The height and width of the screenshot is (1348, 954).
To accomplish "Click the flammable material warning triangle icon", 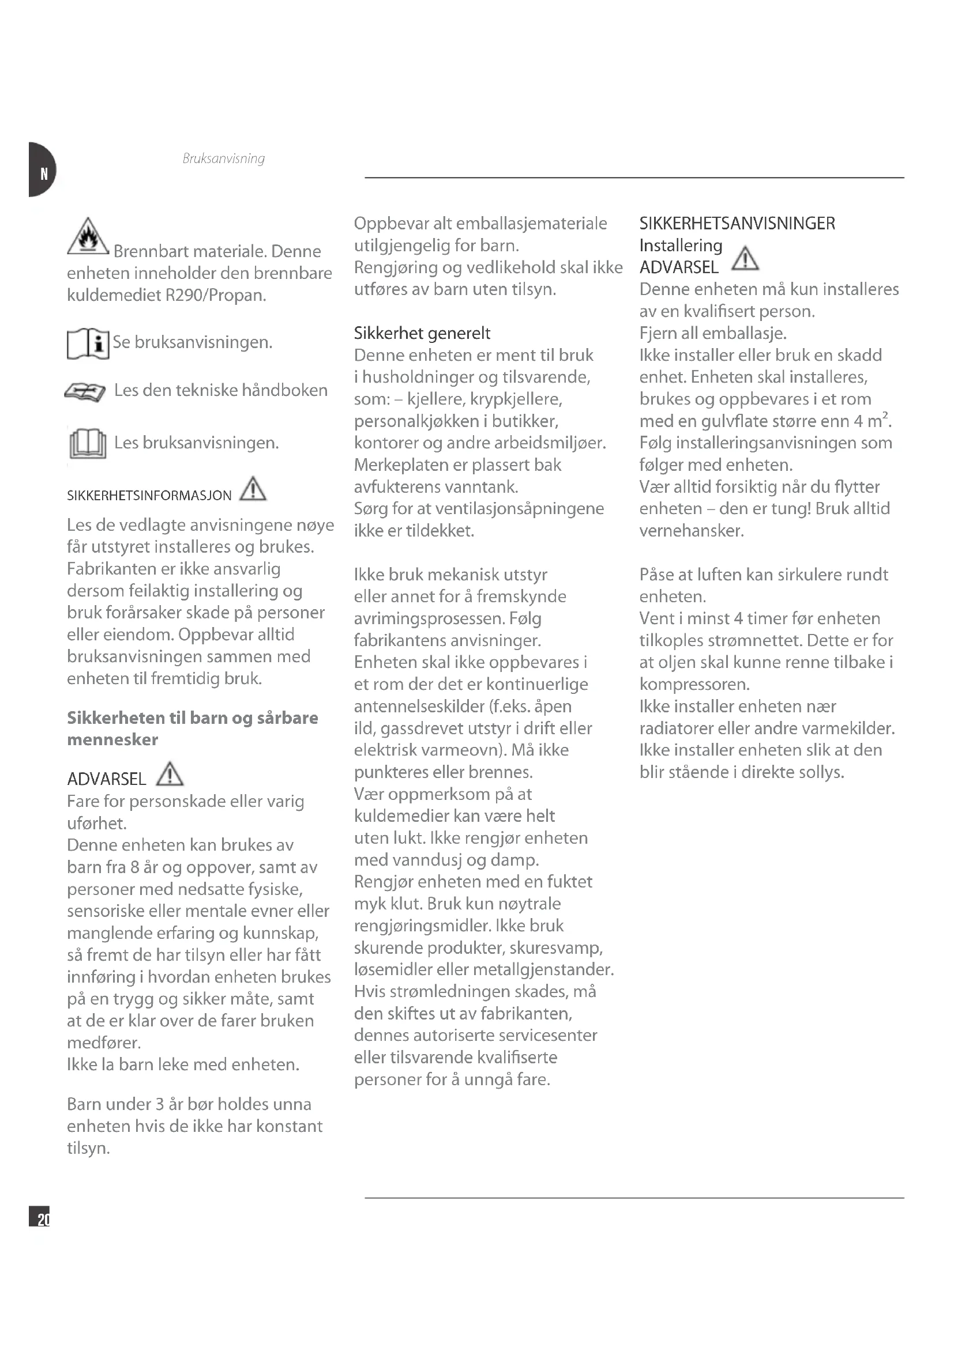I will tap(88, 236).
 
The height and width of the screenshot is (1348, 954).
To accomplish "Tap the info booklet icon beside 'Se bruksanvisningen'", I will tap(88, 343).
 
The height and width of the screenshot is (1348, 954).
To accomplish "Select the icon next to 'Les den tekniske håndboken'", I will tap(85, 391).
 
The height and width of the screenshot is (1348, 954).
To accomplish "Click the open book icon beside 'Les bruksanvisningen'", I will tap(88, 443).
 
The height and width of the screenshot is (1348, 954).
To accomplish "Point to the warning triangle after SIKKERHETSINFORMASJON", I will tap(253, 489).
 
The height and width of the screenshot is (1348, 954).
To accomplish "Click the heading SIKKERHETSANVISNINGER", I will tap(737, 224).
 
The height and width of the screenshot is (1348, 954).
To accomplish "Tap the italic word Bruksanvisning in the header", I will tap(223, 158).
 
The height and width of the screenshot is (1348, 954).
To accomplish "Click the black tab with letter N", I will tap(41, 170).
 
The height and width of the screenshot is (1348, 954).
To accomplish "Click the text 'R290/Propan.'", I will tap(216, 294).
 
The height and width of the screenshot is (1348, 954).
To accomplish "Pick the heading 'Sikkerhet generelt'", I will tap(422, 334).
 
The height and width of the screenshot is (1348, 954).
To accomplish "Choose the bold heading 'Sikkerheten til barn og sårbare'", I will tap(192, 718).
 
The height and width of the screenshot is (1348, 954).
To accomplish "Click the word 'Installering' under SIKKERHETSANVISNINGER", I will tap(680, 246).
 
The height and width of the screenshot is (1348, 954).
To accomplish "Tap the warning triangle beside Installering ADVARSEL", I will tap(745, 259).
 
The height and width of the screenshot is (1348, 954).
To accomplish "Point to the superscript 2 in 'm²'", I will tap(885, 415).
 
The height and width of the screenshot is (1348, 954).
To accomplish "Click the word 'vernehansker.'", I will tap(692, 531).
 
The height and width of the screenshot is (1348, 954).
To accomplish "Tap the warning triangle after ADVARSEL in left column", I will tap(170, 774).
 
